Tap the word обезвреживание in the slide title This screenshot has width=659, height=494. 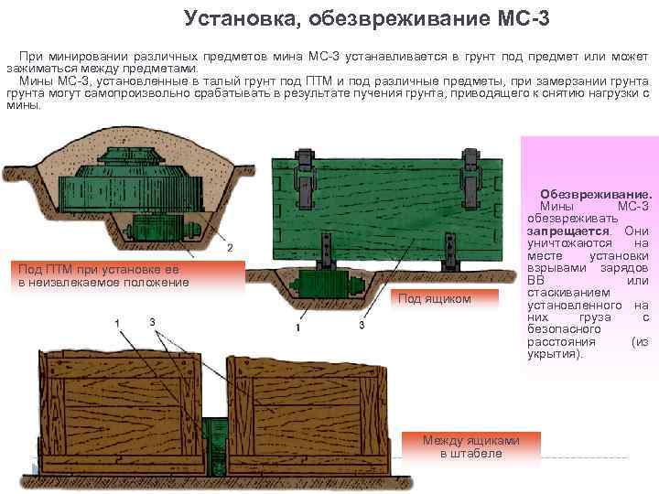376,17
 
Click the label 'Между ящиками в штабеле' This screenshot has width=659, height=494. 470,447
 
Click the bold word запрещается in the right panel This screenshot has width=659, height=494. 564,231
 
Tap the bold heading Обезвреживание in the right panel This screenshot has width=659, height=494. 596,196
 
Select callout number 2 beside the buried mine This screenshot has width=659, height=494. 229,248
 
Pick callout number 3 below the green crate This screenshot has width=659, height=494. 362,327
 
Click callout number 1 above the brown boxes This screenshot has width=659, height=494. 116,323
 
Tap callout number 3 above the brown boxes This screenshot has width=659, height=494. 152,321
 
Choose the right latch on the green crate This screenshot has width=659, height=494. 470,174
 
